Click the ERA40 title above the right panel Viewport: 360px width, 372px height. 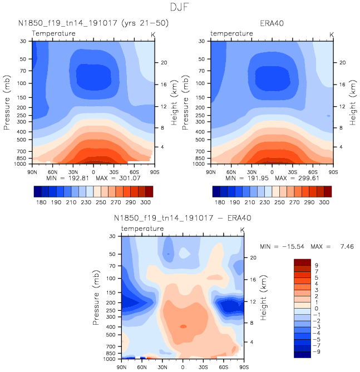(x=272, y=23)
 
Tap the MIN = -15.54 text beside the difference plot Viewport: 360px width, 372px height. (x=280, y=246)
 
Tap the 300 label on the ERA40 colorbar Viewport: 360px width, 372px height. (x=324, y=203)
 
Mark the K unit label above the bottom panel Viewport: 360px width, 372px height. (x=242, y=230)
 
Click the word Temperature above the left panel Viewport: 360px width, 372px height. (x=53, y=34)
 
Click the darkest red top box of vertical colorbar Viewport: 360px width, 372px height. (x=302, y=262)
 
